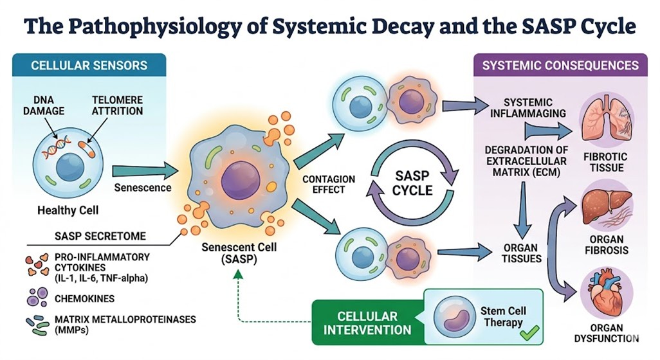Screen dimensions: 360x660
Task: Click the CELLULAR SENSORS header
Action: (x=89, y=65)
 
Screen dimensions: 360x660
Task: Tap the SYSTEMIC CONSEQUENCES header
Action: (x=560, y=65)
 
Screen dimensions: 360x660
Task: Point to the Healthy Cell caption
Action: (x=66, y=210)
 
